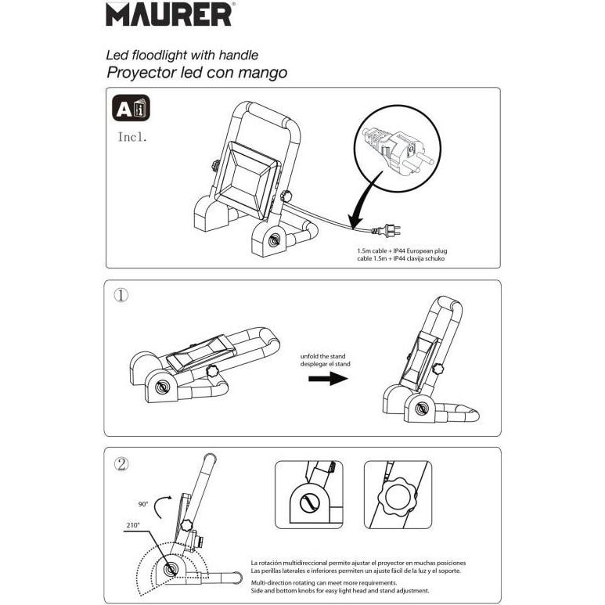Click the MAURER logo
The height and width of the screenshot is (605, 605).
coord(169,15)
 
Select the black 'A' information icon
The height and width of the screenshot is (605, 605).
coord(131,108)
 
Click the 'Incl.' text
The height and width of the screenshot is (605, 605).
coord(132,137)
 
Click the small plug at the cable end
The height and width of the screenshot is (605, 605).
coord(387,231)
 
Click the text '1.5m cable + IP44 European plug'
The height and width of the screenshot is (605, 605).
coord(402,250)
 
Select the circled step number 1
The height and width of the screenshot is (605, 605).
coord(121,296)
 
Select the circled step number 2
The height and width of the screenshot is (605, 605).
coord(121,464)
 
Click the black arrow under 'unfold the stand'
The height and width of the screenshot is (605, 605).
coord(328,379)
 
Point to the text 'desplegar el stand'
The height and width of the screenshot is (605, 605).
coord(326,364)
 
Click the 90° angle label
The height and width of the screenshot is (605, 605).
coord(143,504)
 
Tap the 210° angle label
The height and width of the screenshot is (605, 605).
coord(133,525)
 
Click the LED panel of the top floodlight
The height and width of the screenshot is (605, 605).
coord(247,181)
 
